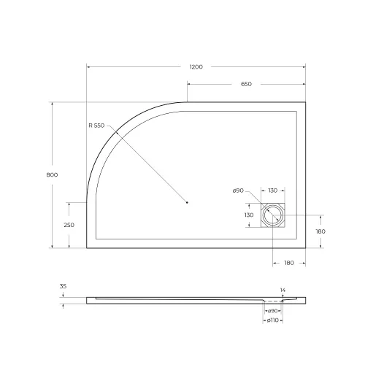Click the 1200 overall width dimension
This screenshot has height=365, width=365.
[x=196, y=66]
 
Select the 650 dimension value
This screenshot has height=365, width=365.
[x=246, y=85]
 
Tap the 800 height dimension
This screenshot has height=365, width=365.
[x=52, y=174]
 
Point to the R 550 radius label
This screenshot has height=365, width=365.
[x=97, y=126]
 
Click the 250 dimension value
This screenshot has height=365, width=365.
[x=69, y=225]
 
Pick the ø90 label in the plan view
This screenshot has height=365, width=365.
[x=238, y=191]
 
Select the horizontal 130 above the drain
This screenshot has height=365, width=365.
[x=272, y=191]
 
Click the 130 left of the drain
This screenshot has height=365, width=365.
[x=248, y=215]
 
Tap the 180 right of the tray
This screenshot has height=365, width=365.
[x=320, y=231]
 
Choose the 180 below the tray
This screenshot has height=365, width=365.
[x=289, y=263]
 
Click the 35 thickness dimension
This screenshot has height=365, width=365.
[x=64, y=288]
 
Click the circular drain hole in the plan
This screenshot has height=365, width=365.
[x=274, y=216]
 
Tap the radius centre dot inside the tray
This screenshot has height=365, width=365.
[x=188, y=202]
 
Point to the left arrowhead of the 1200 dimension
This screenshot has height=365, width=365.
[x=88, y=66]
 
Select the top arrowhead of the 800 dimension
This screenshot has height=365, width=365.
[x=52, y=103]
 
